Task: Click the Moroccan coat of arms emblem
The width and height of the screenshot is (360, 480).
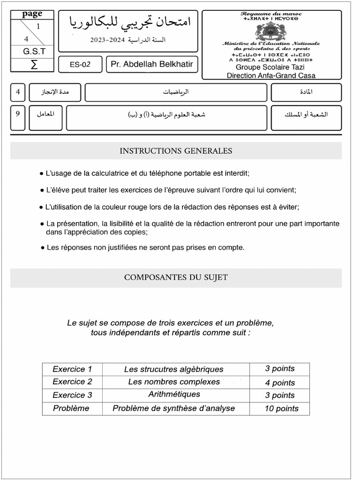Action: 271,31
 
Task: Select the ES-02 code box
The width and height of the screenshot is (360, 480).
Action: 80,65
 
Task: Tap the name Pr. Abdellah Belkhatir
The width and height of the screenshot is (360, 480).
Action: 151,64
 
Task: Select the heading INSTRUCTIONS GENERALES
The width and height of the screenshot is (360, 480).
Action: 176,151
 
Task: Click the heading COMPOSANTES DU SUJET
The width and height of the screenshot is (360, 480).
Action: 176,277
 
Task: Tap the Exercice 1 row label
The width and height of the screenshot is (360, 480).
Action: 72,369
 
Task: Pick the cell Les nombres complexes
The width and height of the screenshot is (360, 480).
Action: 174,382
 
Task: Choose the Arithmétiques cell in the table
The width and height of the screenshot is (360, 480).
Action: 174,395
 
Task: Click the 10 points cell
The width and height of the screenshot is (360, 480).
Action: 281,408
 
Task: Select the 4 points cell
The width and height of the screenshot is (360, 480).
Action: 280,382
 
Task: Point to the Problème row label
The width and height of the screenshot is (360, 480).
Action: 71,408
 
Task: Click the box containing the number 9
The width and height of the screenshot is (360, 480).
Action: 18,114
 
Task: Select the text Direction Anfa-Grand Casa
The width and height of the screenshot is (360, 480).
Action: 271,75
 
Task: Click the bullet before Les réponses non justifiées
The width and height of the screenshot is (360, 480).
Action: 43,247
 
